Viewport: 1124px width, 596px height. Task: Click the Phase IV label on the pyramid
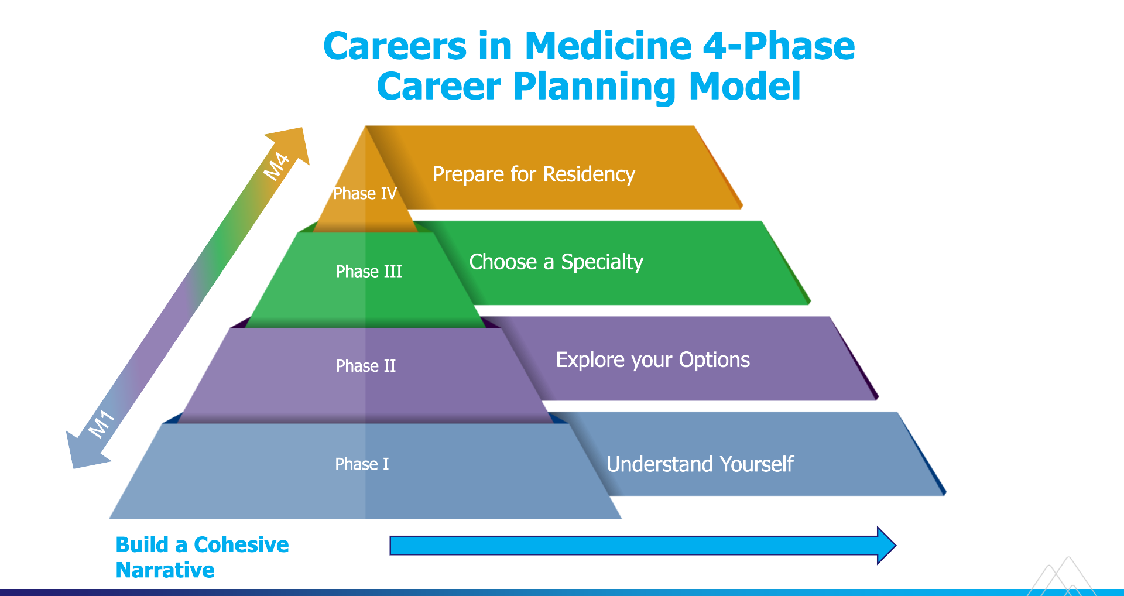(365, 193)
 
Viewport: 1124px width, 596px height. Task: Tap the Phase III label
(369, 271)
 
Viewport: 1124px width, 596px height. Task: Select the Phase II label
(366, 366)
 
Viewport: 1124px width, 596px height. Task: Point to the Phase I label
(362, 464)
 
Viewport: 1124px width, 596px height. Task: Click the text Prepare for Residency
(534, 174)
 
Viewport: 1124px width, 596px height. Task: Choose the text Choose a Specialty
(556, 262)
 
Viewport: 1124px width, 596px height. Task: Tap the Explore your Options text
(653, 360)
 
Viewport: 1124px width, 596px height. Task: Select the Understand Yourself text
(700, 464)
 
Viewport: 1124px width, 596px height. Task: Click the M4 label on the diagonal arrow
(276, 166)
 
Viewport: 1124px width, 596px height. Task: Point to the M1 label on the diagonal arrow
(101, 424)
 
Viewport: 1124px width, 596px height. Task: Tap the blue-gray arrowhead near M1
(85, 451)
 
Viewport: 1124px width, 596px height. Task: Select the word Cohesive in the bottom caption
(241, 544)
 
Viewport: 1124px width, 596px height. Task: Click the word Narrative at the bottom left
(165, 570)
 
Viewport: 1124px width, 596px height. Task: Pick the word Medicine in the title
(608, 46)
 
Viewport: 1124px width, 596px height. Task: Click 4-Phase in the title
(779, 46)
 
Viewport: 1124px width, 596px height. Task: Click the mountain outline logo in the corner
(1061, 576)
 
